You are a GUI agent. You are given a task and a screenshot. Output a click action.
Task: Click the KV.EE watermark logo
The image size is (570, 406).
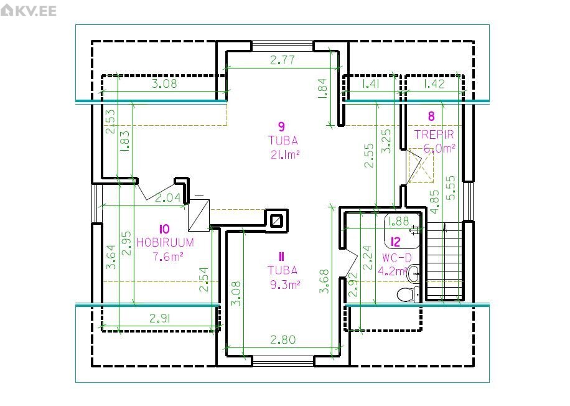(x=29, y=11)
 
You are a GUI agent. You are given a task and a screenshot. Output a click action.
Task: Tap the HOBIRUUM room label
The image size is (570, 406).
(x=166, y=242)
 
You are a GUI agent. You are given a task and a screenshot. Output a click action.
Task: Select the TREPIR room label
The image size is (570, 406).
(x=434, y=135)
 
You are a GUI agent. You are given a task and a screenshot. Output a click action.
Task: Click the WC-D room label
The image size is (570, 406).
(x=397, y=258)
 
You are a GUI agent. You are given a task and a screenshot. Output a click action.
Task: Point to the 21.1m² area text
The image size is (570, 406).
(x=286, y=154)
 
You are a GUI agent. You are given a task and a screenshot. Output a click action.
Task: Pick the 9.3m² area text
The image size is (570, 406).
(x=286, y=285)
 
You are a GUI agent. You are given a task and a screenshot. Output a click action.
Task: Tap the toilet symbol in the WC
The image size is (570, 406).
(x=408, y=294)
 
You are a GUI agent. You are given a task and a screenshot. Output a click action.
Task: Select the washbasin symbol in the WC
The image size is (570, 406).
(x=413, y=273)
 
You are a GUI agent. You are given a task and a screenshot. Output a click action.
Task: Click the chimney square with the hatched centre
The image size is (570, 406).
(x=277, y=220)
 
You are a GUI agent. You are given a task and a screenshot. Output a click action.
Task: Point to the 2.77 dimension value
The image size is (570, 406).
(x=283, y=60)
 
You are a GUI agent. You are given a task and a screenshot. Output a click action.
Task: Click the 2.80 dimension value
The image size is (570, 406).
(x=283, y=340)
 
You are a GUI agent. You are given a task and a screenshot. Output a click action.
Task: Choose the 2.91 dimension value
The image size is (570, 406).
(x=161, y=319)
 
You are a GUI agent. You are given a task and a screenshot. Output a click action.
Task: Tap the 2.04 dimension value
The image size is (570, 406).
(x=168, y=198)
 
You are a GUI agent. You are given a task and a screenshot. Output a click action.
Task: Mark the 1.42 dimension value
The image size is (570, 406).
(x=434, y=84)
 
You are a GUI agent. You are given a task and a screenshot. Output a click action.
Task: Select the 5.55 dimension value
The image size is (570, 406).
(x=451, y=187)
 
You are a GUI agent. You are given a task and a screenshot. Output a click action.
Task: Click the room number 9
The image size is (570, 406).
(x=281, y=126)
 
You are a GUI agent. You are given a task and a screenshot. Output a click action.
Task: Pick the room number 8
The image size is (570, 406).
(x=431, y=116)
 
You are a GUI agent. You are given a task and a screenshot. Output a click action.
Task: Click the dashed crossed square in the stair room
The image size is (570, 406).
(x=421, y=166)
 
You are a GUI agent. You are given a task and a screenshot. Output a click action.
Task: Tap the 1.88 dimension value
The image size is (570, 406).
(x=399, y=221)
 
